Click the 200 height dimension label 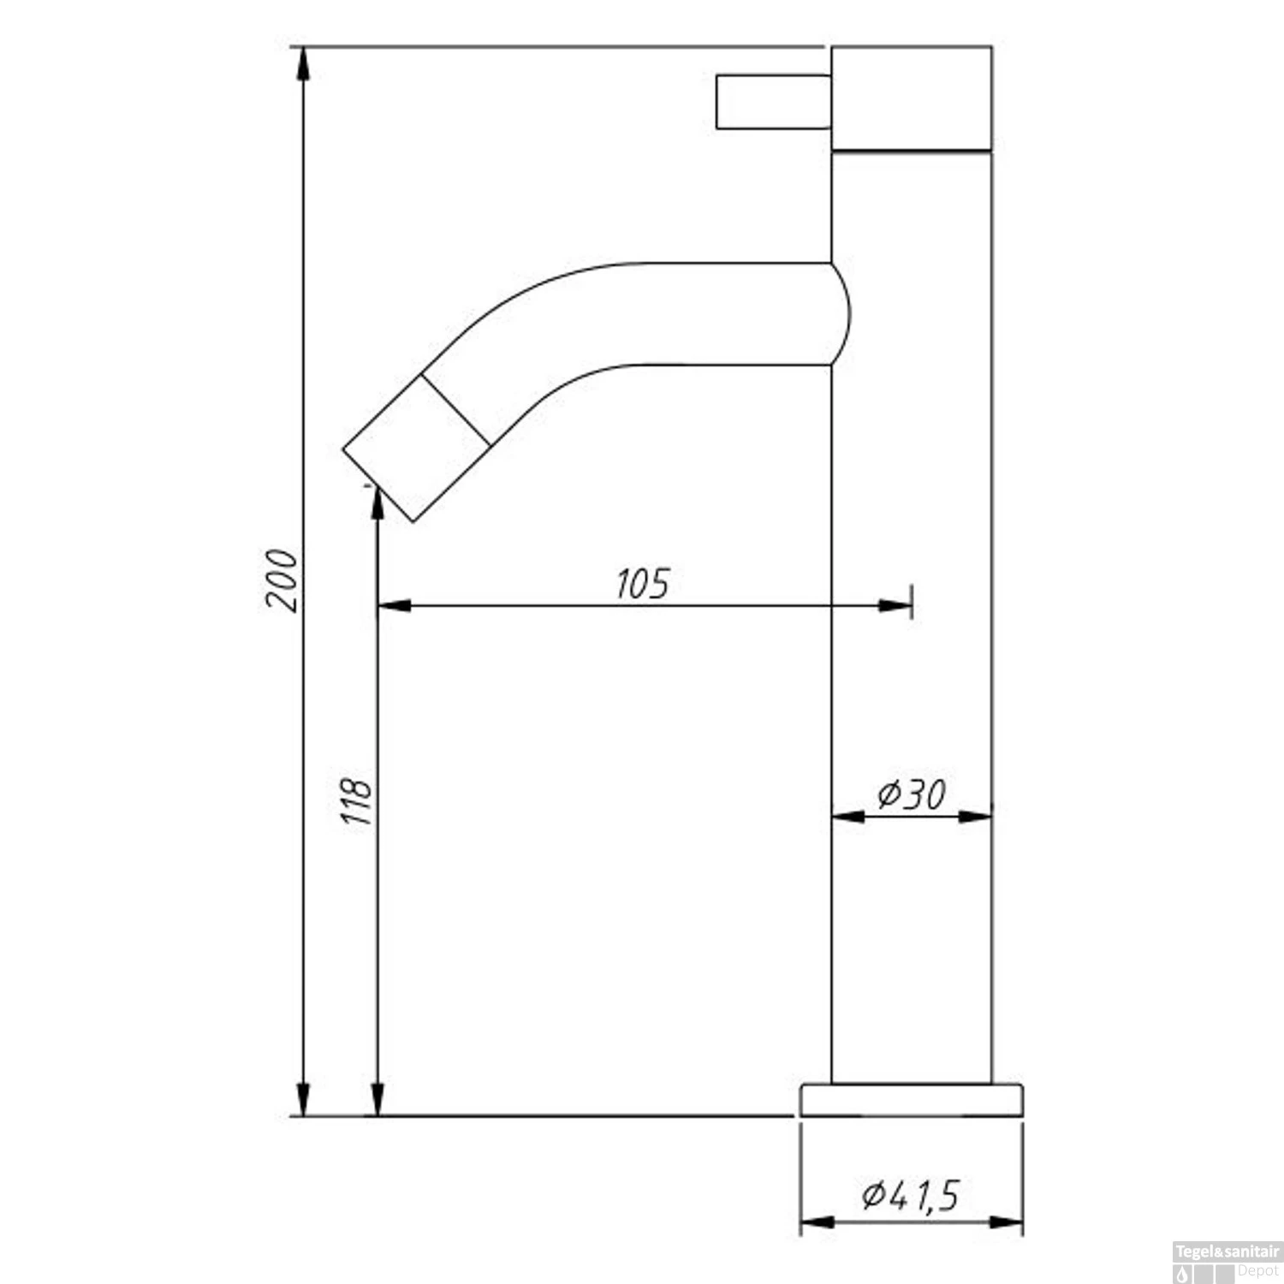coord(282,580)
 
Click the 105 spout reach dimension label coord(643,584)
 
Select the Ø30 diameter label coord(912,795)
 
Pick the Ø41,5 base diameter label coord(911,1195)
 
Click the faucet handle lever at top coord(773,102)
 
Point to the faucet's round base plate coord(912,1100)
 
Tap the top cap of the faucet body coord(912,98)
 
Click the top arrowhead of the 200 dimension coord(302,64)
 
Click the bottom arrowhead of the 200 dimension coord(302,1099)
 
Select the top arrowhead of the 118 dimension coord(377,503)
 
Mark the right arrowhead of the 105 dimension coord(895,606)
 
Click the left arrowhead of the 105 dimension coord(394,606)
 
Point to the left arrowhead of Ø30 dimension coord(848,817)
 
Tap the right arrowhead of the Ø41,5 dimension coord(1007,1222)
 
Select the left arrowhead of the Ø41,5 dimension coord(817,1222)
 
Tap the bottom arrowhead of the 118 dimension coord(377,1099)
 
